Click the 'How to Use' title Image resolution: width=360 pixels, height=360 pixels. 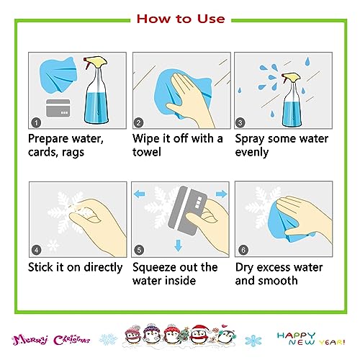[181, 19]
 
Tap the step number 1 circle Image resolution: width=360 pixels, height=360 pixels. [36, 123]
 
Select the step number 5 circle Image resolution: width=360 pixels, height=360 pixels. [139, 250]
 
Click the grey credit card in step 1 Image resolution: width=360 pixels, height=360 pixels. [58, 108]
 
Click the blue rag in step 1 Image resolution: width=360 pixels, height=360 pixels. [59, 74]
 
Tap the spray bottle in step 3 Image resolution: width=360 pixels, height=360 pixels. [292, 99]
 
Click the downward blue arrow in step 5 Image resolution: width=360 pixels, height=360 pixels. [178, 246]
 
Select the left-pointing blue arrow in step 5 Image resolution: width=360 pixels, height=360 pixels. [140, 194]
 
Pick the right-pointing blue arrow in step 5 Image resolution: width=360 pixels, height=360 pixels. [221, 194]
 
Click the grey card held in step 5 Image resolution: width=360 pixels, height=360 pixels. [186, 211]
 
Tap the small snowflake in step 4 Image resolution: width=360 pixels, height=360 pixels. [53, 246]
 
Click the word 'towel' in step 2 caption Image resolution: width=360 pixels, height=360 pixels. [147, 152]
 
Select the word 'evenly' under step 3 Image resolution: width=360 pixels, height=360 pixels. [252, 153]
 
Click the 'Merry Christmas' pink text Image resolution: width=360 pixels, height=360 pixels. [51, 340]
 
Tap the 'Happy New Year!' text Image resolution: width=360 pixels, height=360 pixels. [311, 338]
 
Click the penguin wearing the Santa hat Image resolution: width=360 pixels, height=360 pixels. [199, 334]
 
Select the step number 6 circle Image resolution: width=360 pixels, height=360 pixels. [243, 250]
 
